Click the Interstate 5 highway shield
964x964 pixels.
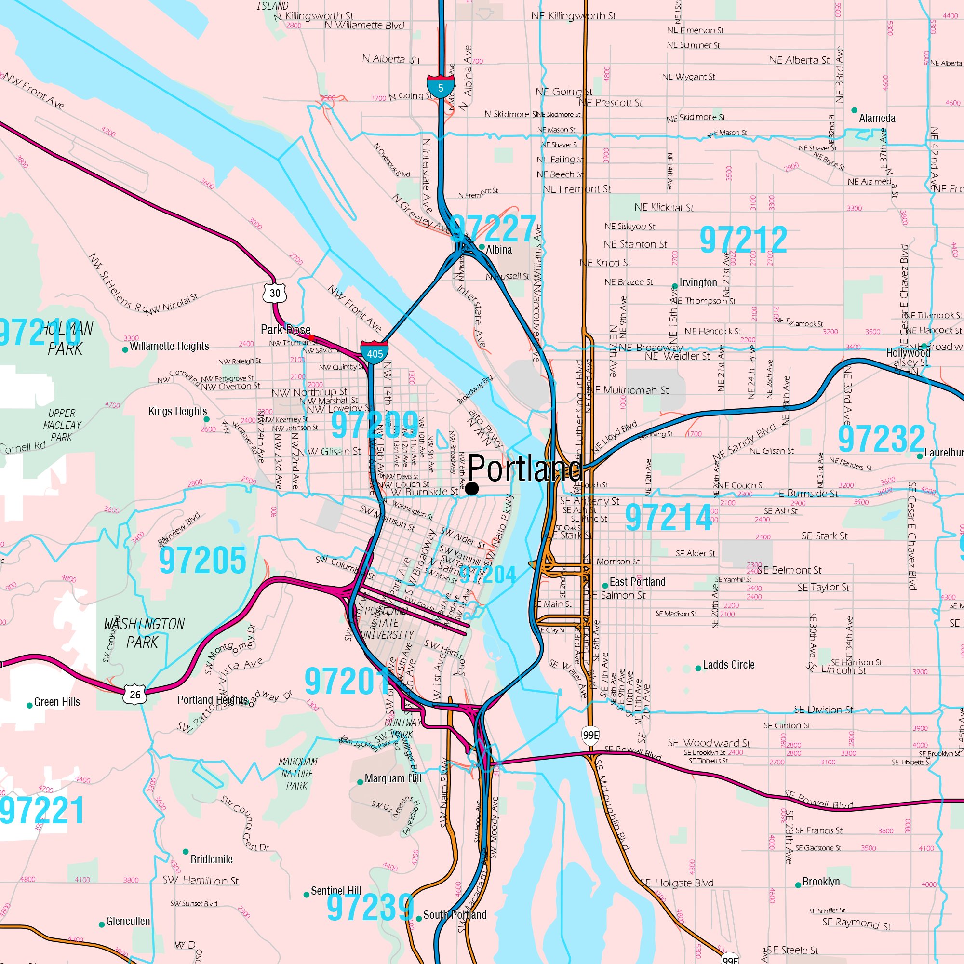pyautogui.click(x=441, y=87)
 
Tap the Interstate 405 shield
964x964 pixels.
pyautogui.click(x=375, y=352)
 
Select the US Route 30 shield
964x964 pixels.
pyautogui.click(x=275, y=293)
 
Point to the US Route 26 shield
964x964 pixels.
pyautogui.click(x=135, y=694)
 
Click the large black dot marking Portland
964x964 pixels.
pyautogui.click(x=472, y=488)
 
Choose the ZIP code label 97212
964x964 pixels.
pyautogui.click(x=743, y=240)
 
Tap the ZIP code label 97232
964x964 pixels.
pyautogui.click(x=881, y=439)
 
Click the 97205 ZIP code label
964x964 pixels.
pyautogui.click(x=202, y=560)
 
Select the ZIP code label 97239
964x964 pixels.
pyautogui.click(x=370, y=907)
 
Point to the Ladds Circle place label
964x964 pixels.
pyautogui.click(x=728, y=665)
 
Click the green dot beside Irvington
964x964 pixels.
pyautogui.click(x=675, y=286)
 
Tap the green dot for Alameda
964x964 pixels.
pyautogui.click(x=854, y=110)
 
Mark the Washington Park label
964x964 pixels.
pyautogui.click(x=144, y=633)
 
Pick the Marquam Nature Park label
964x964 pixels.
pyautogui.click(x=297, y=774)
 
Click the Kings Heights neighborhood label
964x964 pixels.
pyautogui.click(x=178, y=411)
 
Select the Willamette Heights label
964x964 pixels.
pyautogui.click(x=169, y=346)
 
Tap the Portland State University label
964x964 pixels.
pyautogui.click(x=387, y=623)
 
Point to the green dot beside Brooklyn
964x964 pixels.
pyautogui.click(x=798, y=885)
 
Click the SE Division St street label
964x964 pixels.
pyautogui.click(x=823, y=710)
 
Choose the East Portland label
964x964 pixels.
pyautogui.click(x=637, y=582)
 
